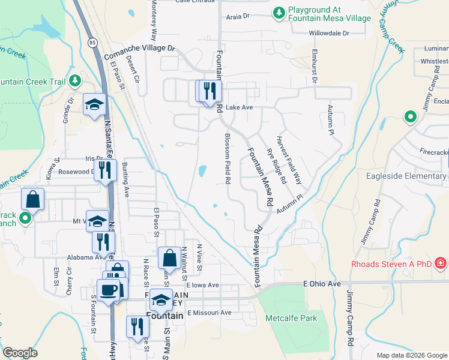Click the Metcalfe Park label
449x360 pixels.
pyautogui.click(x=292, y=318)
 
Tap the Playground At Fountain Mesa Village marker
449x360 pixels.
pyautogui.click(x=278, y=12)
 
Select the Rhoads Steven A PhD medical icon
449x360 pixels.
pyautogui.click(x=440, y=263)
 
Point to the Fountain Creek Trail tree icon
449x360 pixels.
pyautogui.click(x=74, y=80)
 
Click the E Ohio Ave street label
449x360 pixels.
pyautogui.click(x=322, y=283)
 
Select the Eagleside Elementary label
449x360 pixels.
pyautogui.click(x=407, y=176)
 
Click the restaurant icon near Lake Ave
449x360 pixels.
pyautogui.click(x=210, y=92)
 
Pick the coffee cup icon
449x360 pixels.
pyautogui.click(x=109, y=290)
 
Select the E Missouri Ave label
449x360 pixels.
pyautogui.click(x=209, y=313)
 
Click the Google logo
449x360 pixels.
pyautogui.click(x=20, y=353)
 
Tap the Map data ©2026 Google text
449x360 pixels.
pyautogui.click(x=411, y=355)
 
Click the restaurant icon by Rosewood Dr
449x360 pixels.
pyautogui.click(x=105, y=170)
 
